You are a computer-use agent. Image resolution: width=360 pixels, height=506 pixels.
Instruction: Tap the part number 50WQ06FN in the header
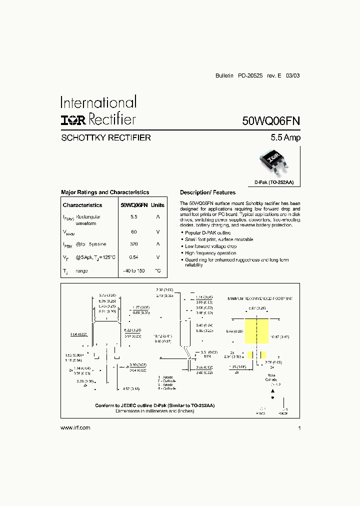point(270,120)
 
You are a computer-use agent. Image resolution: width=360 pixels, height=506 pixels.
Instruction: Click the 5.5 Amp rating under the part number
point(285,138)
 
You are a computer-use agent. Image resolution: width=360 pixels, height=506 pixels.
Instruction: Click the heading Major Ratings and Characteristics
point(105,192)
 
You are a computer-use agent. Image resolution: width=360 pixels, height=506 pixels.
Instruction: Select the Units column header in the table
point(157,205)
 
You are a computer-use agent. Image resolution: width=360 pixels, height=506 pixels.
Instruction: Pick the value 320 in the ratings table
point(133,244)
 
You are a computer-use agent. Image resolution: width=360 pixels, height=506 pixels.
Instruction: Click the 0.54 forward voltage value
point(133,257)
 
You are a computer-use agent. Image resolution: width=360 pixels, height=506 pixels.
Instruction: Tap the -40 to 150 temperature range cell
point(133,270)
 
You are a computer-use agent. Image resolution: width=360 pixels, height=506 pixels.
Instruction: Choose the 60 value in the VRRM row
point(133,231)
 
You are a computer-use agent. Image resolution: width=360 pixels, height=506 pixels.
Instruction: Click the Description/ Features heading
point(207,192)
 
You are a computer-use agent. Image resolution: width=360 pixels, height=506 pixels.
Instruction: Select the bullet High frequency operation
point(210,253)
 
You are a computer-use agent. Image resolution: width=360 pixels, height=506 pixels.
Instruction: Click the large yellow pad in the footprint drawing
point(256,330)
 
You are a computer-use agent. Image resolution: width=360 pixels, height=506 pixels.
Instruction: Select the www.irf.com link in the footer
point(75,427)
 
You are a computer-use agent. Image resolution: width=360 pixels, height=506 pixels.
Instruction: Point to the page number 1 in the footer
point(299,428)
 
